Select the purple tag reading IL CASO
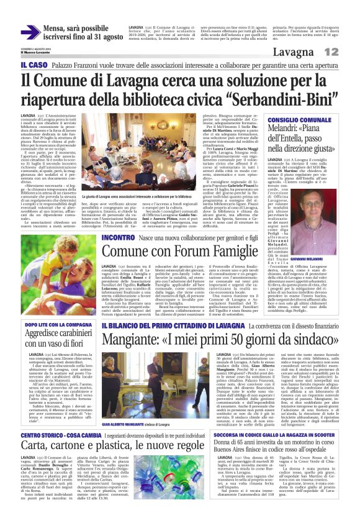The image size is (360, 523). point(33,65)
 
